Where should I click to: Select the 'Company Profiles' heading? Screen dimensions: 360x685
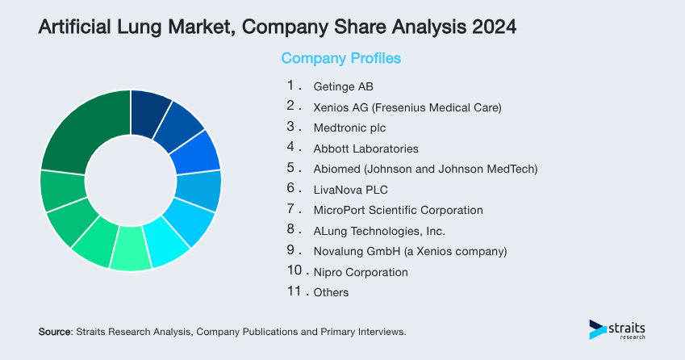pyautogui.click(x=340, y=59)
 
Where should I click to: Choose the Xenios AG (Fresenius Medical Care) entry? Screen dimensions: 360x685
pyautogui.click(x=407, y=107)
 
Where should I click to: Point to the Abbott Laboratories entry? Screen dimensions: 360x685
pyautogui.click(x=365, y=149)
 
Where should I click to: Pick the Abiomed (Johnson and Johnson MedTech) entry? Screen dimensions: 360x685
pyautogui.click(x=424, y=169)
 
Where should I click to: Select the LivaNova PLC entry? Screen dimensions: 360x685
pyautogui.click(x=350, y=190)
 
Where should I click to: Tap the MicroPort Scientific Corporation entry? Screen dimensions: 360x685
pyautogui.click(x=398, y=210)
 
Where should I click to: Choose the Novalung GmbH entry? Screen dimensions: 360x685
pyautogui.click(x=409, y=251)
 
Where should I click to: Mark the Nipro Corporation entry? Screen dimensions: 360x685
pyautogui.click(x=360, y=272)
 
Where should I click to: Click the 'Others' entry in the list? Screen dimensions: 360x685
pyautogui.click(x=331, y=292)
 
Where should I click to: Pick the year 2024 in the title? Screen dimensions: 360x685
pyautogui.click(x=488, y=27)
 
